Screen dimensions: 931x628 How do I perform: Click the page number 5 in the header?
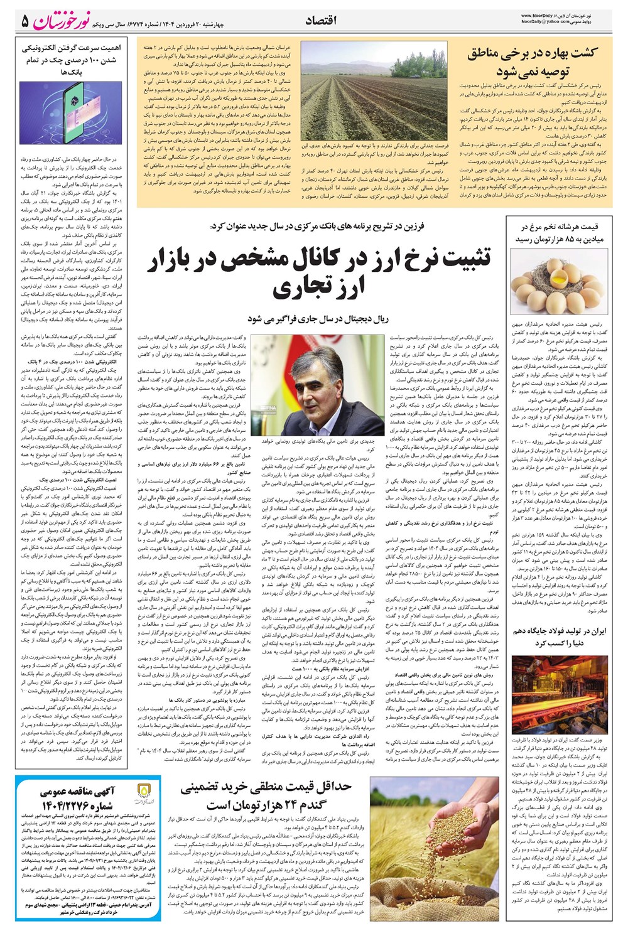26,21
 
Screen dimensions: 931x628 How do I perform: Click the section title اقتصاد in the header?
321,21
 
